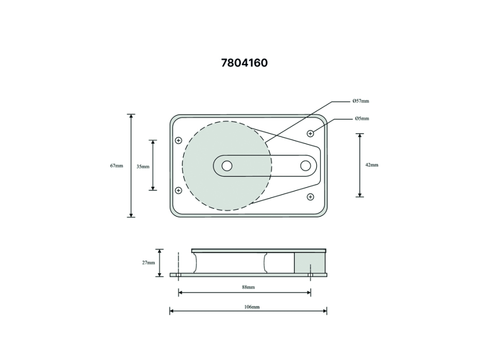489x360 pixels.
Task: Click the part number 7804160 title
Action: coord(244,63)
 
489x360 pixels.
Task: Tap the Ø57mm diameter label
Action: coord(361,101)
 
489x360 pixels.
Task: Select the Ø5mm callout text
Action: coord(362,118)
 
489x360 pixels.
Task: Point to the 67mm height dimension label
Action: coord(117,166)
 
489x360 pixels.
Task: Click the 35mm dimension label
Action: coord(143,167)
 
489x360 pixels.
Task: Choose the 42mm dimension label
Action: coord(372,165)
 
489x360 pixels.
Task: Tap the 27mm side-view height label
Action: coord(148,262)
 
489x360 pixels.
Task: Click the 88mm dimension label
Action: coord(248,287)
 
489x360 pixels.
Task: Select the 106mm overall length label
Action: coord(252,307)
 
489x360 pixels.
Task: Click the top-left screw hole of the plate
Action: coord(179,140)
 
